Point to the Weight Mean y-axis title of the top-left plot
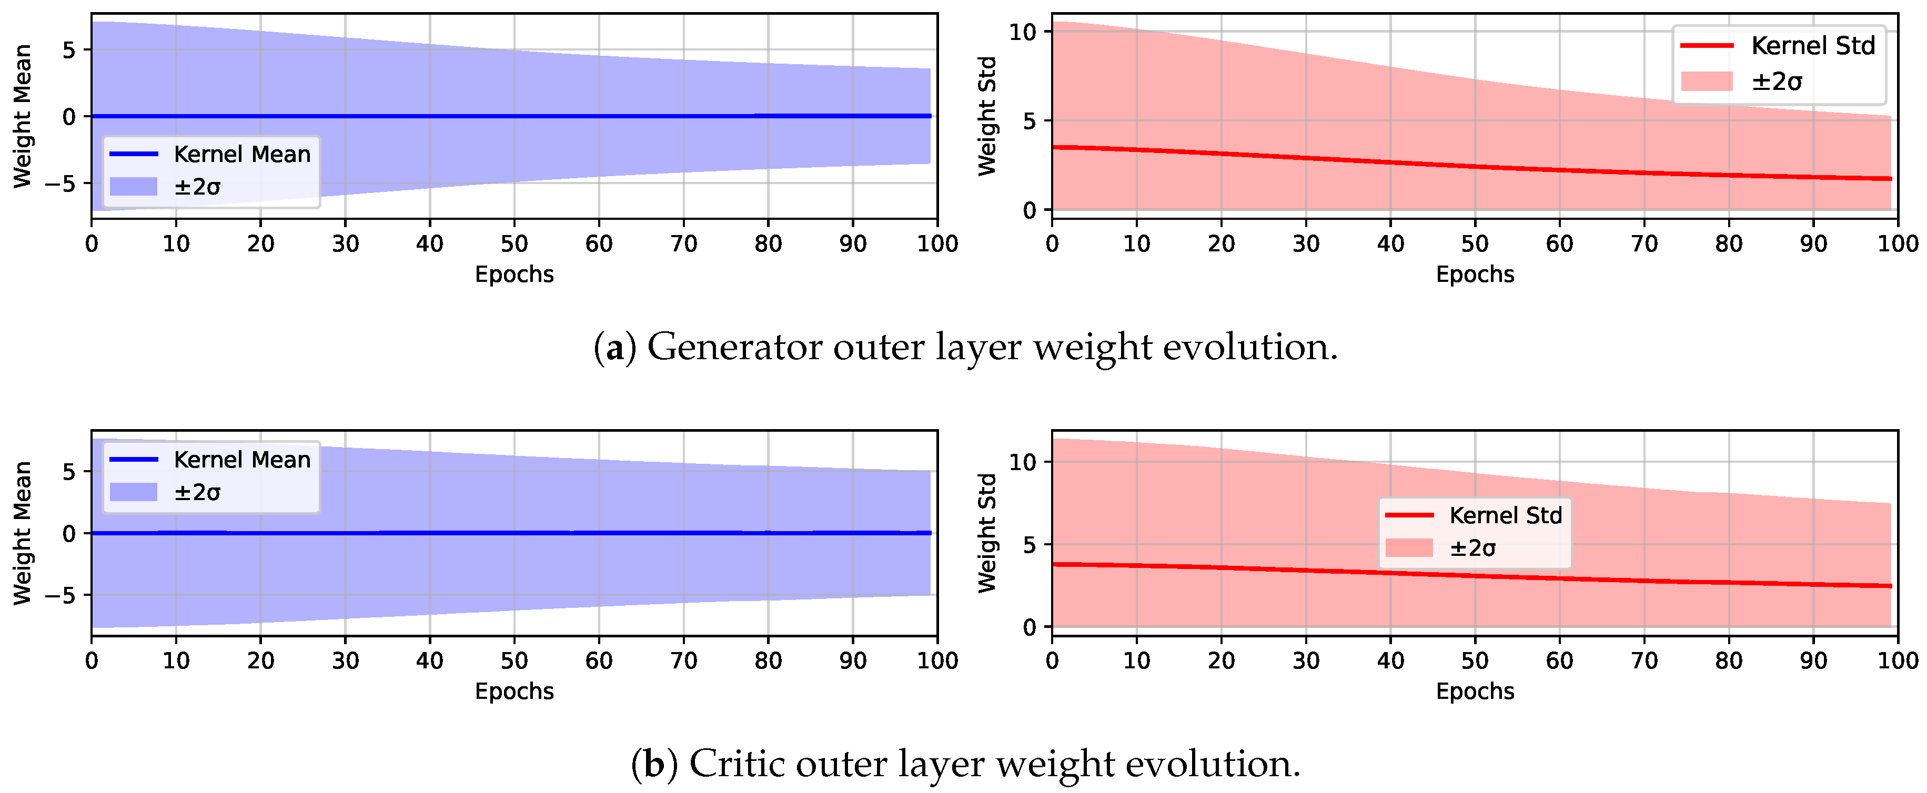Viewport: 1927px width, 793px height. tap(23, 116)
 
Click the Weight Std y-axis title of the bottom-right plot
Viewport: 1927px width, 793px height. tap(987, 533)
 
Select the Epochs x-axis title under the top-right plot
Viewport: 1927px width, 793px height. tap(1475, 274)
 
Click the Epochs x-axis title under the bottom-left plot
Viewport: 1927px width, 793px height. tap(514, 692)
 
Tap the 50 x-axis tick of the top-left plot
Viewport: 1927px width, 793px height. tap(514, 244)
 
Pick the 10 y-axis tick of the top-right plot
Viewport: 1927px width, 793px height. tap(1023, 32)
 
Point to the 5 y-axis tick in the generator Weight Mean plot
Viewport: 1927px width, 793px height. tap(69, 50)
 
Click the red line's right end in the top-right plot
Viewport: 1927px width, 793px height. tap(1890, 179)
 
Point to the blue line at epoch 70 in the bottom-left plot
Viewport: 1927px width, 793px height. tap(683, 533)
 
